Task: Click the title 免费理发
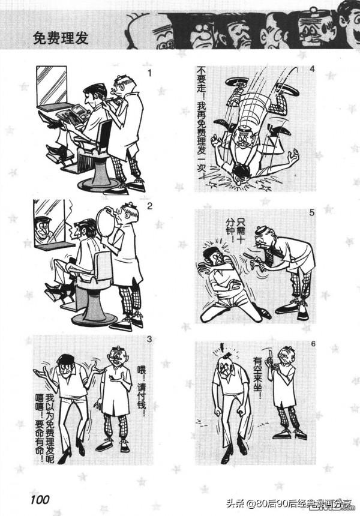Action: [x=61, y=38]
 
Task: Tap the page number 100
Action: [x=40, y=500]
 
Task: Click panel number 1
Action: [x=150, y=73]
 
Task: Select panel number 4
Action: [x=312, y=69]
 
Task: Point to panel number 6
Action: [x=313, y=344]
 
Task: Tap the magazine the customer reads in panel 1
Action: [x=73, y=114]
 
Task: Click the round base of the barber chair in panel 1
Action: [x=100, y=184]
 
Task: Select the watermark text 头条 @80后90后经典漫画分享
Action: [x=289, y=503]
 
